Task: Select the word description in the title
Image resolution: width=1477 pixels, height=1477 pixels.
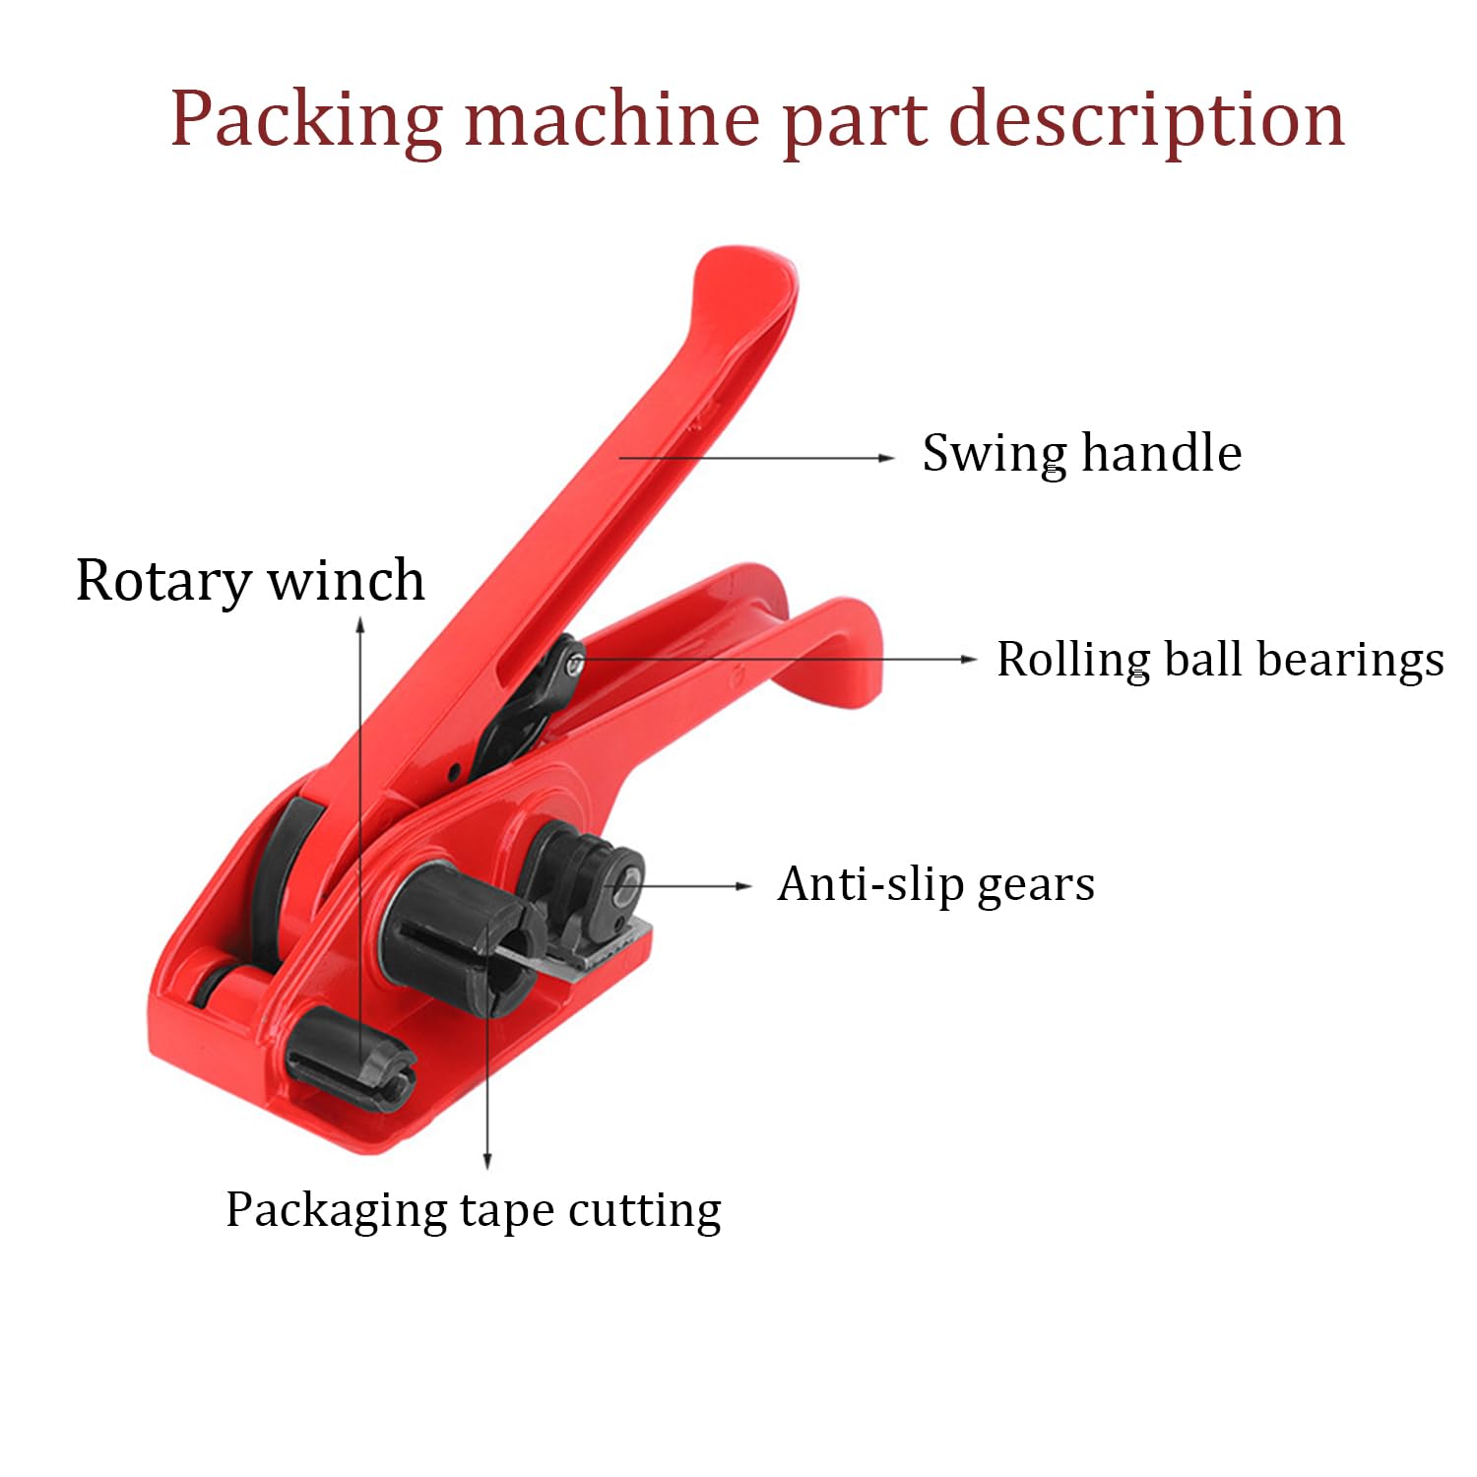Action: pos(1146,120)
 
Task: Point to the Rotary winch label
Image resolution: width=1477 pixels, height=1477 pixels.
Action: pos(250,580)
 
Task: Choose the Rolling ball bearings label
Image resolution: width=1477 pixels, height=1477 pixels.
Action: pos(1220,660)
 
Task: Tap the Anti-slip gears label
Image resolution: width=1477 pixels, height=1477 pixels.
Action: pos(935,884)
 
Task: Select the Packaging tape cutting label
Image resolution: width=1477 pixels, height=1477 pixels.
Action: pos(474,1210)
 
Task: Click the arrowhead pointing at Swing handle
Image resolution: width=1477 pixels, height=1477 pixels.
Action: pos(886,458)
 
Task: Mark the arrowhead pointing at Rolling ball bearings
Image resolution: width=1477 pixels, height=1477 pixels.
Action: pos(968,659)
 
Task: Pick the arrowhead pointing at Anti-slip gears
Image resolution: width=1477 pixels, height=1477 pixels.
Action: pos(743,886)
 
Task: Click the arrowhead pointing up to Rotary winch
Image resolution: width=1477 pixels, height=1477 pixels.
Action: pos(361,625)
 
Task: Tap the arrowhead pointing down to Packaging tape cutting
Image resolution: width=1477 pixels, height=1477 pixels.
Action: pos(487,1161)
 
